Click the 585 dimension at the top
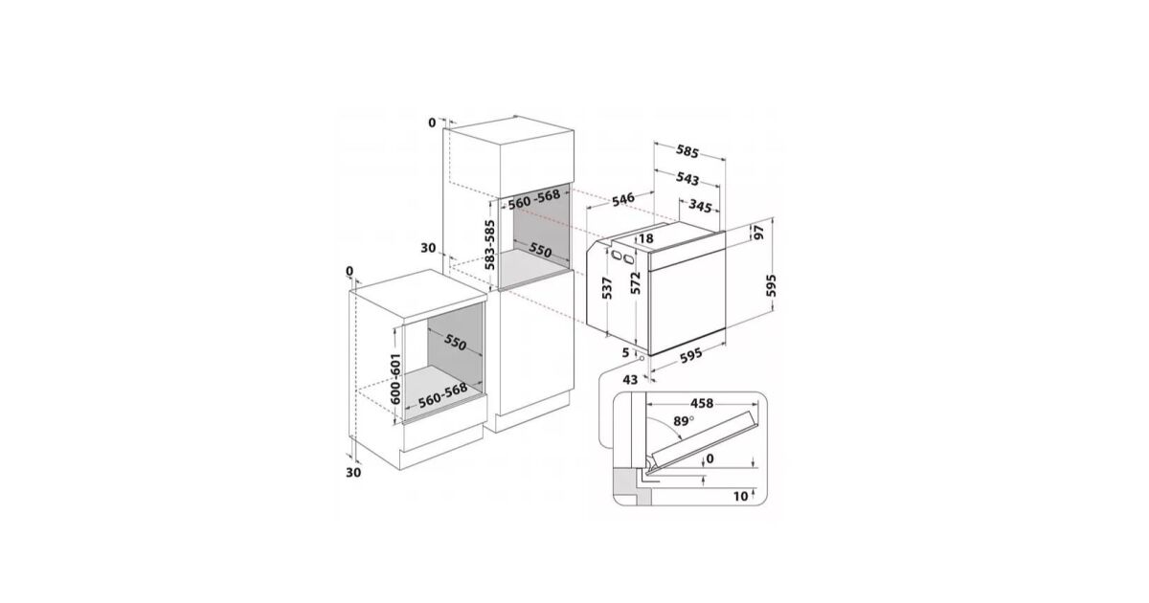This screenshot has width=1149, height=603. click(x=687, y=151)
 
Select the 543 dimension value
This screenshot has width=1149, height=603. click(x=687, y=178)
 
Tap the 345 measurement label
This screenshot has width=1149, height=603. click(x=700, y=206)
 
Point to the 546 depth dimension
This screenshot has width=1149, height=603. click(x=623, y=199)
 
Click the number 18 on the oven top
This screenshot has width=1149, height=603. click(x=646, y=238)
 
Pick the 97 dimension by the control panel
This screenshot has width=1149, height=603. click(x=758, y=232)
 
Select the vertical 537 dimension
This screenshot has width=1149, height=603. click(x=607, y=288)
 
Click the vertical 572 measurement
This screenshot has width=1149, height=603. click(x=636, y=283)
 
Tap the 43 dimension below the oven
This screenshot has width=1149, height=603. click(x=630, y=379)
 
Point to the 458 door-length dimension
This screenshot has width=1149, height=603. click(x=701, y=404)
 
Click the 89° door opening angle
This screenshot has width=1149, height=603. click(x=684, y=421)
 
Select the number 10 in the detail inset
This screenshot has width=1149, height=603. click(x=741, y=496)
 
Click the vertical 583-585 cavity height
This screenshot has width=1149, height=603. click(x=490, y=245)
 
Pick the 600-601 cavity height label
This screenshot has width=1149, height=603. click(x=394, y=378)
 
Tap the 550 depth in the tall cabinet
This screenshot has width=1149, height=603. click(x=540, y=250)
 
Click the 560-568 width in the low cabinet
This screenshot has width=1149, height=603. click(x=442, y=394)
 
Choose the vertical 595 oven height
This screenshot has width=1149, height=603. click(x=771, y=285)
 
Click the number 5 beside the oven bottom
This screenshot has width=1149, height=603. click(x=625, y=353)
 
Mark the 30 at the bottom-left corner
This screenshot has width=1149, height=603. click(x=353, y=473)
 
